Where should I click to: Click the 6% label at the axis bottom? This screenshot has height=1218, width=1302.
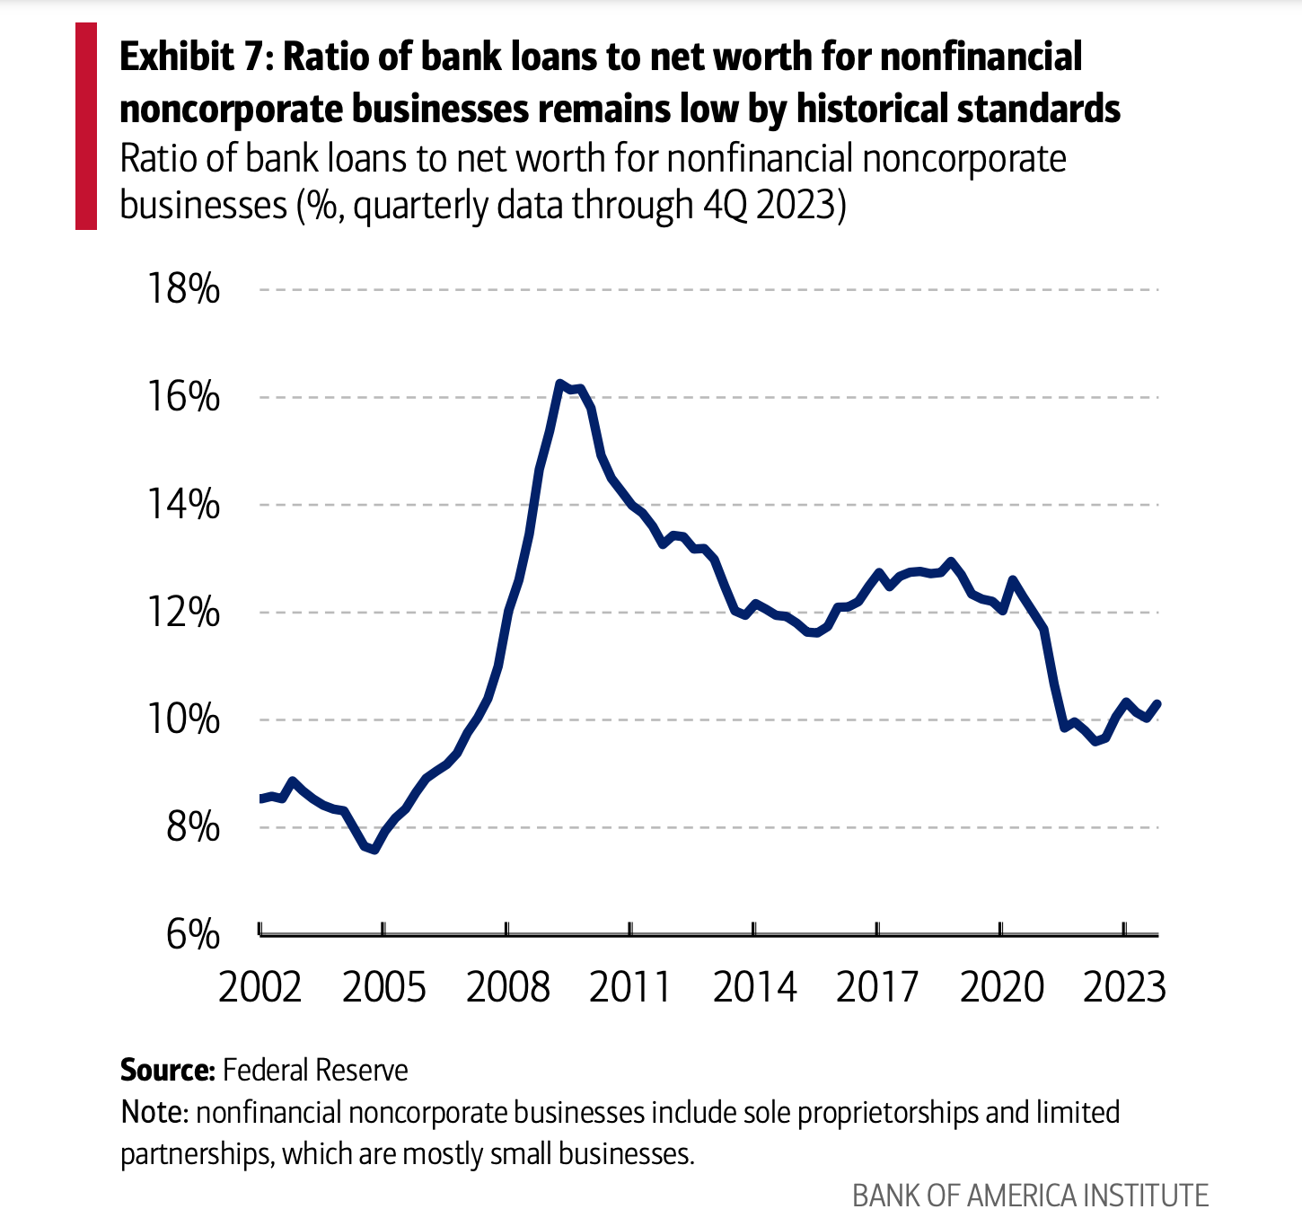pyautogui.click(x=192, y=935)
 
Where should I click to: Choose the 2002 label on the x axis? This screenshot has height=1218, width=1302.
pyautogui.click(x=260, y=987)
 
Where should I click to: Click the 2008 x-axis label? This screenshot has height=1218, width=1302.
pyautogui.click(x=507, y=987)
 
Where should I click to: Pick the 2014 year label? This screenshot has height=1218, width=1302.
pyautogui.click(x=754, y=987)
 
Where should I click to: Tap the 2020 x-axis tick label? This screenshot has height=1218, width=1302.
pyautogui.click(x=1001, y=987)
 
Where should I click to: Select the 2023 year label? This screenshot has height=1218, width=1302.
pyautogui.click(x=1124, y=987)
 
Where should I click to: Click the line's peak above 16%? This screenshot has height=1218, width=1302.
pyautogui.click(x=559, y=384)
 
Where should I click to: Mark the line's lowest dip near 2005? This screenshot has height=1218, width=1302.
pyautogui.click(x=374, y=849)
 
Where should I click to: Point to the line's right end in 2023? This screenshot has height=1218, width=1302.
pyautogui.click(x=1157, y=703)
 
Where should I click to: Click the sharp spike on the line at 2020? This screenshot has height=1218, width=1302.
pyautogui.click(x=1013, y=580)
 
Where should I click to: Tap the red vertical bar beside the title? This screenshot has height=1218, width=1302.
pyautogui.click(x=86, y=127)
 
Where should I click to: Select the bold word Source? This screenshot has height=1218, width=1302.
pyautogui.click(x=167, y=1070)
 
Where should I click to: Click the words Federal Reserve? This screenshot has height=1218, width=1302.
pyautogui.click(x=315, y=1070)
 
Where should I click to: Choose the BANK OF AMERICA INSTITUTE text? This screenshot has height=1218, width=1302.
pyautogui.click(x=1030, y=1196)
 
